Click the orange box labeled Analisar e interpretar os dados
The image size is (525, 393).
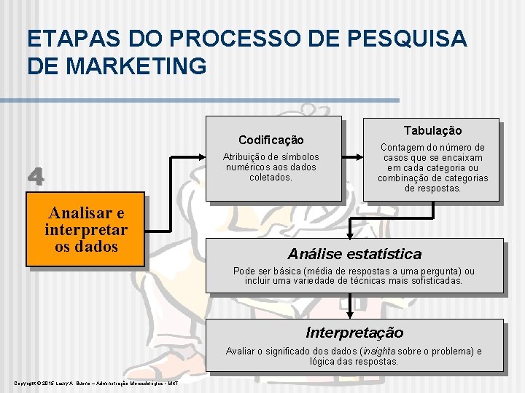tap(85, 229)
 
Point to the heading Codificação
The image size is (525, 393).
tap(271, 140)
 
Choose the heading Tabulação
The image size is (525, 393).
tap(432, 130)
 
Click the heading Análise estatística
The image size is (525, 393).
tap(354, 254)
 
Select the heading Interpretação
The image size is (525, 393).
tap(354, 333)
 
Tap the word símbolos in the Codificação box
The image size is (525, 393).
tap(300, 156)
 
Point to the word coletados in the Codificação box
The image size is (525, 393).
tap(271, 177)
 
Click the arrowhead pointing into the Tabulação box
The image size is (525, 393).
tap(362, 156)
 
